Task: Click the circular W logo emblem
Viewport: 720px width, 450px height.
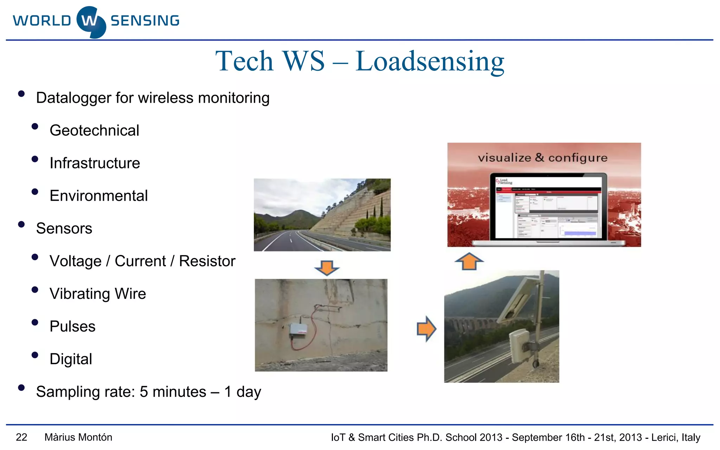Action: coord(91,22)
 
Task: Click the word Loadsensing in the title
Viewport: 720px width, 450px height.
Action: coord(430,62)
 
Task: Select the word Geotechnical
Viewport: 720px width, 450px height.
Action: coord(94,130)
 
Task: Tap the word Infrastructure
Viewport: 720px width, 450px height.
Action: coord(95,163)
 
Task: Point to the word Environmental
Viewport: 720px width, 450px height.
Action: coord(98,196)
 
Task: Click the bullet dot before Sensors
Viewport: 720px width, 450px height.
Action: coord(21,225)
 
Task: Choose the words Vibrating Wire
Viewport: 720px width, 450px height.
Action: coord(98,294)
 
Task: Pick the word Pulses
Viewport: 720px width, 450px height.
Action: coord(72,327)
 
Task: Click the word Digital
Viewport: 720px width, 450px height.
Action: coord(71,359)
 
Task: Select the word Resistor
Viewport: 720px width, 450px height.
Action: coord(207,261)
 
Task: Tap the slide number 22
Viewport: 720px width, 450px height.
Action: coord(21,437)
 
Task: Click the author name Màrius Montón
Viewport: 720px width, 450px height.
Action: coord(78,437)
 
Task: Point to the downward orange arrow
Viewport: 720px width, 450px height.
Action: coord(327,268)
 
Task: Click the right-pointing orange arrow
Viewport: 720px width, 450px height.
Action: coord(426,329)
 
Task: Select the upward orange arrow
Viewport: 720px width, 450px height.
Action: coord(469,262)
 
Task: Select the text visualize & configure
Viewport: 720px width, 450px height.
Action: coord(542,158)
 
